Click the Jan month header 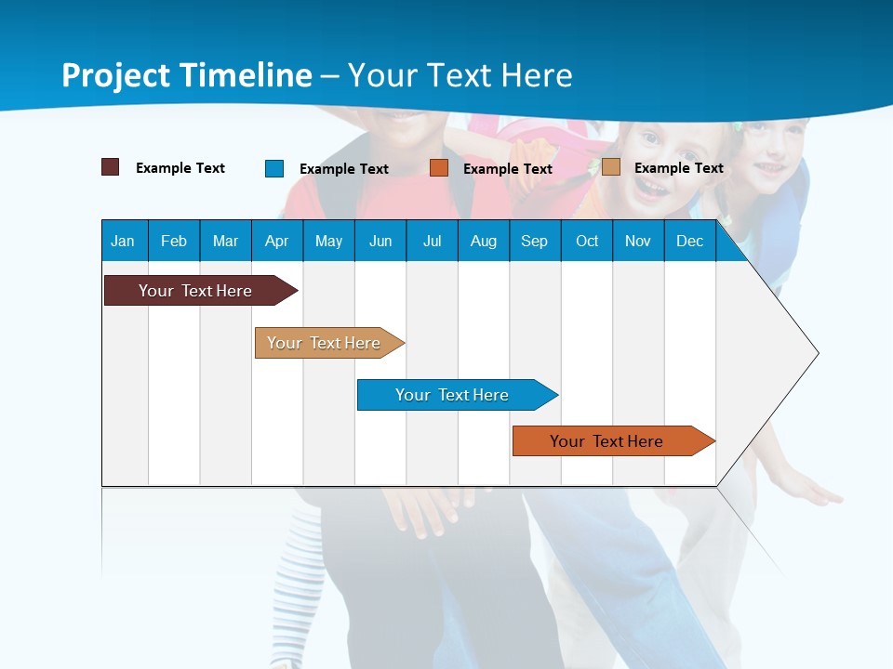pyautogui.click(x=123, y=241)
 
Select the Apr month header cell pyautogui.click(x=276, y=241)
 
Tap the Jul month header pyautogui.click(x=432, y=241)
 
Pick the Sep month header pyautogui.click(x=534, y=241)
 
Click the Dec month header pyautogui.click(x=689, y=241)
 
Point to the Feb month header pyautogui.click(x=174, y=241)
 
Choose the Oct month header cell pyautogui.click(x=587, y=241)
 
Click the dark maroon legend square pyautogui.click(x=110, y=167)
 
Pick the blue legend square pyautogui.click(x=274, y=168)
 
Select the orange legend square pyautogui.click(x=439, y=167)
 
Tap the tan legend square pyautogui.click(x=610, y=167)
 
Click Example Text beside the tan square pyautogui.click(x=678, y=168)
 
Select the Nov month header pyautogui.click(x=638, y=241)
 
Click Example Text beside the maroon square pyautogui.click(x=180, y=168)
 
